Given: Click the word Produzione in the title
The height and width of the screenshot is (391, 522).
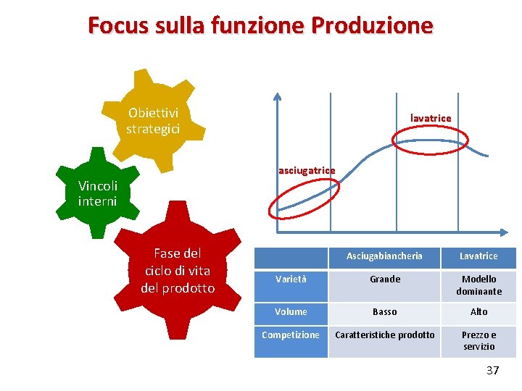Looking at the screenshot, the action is (372, 25).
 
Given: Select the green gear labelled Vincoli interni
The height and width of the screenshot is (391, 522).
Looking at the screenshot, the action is (97, 193).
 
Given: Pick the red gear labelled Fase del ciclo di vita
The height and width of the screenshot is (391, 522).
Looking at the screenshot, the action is (178, 270).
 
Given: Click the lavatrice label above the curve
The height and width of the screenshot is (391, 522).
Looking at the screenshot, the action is (431, 118).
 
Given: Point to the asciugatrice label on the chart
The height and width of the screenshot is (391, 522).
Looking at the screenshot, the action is (307, 171).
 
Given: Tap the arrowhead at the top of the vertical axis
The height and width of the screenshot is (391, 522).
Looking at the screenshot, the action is (276, 97).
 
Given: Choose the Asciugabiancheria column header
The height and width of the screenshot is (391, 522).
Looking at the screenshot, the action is (384, 256).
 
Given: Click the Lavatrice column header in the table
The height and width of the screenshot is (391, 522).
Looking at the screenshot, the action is (478, 256).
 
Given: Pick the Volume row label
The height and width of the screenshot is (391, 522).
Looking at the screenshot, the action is (291, 312).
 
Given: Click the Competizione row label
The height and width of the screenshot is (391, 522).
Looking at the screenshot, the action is (291, 335).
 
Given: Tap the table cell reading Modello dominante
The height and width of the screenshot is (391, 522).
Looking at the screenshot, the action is (478, 285).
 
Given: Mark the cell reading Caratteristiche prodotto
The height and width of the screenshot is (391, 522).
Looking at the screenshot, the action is (384, 335).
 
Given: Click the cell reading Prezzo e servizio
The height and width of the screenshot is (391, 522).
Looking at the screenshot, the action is (478, 341).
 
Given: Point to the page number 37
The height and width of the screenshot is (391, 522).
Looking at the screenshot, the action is (492, 371).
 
